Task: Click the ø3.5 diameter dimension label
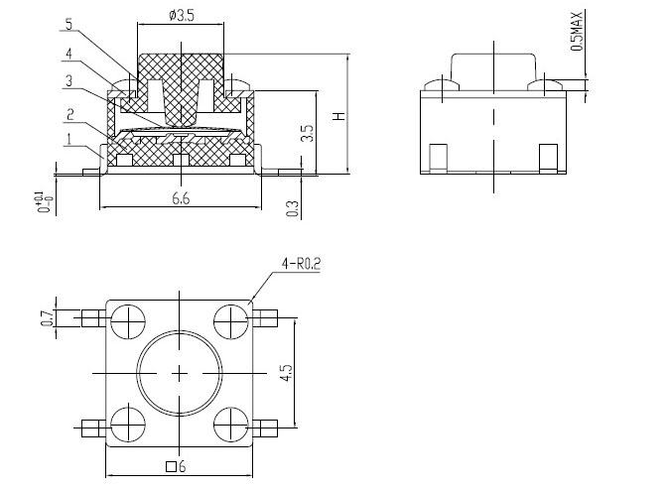[x=182, y=15]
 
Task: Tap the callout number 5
[x=69, y=25]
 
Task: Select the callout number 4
[x=68, y=55]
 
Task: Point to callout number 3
[x=68, y=81]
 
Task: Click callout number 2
[x=70, y=114]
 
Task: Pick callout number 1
[x=68, y=140]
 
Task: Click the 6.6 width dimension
[x=181, y=198]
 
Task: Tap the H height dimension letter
[x=339, y=116]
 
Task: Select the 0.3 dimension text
[x=293, y=208]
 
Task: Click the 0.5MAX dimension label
[x=577, y=31]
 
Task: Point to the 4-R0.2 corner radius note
[x=301, y=264]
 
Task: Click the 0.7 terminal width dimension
[x=48, y=318]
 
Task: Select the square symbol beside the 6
[x=171, y=466]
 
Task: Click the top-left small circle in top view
[x=128, y=322]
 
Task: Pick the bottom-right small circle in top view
[x=231, y=425]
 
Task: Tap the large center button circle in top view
[x=180, y=373]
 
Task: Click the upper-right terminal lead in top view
[x=265, y=318]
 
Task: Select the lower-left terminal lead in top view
[x=93, y=428]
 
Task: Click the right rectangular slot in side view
[x=548, y=158]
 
